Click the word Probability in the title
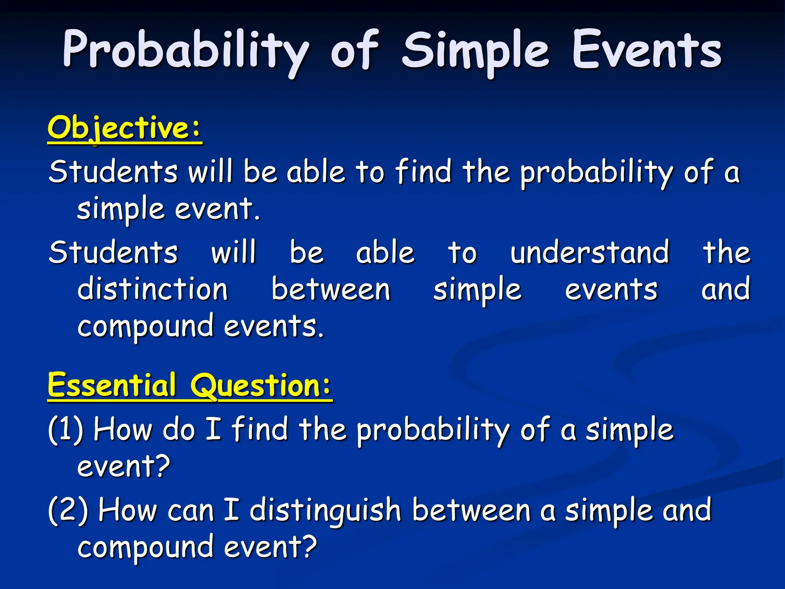tap(186, 52)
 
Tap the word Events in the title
tap(647, 52)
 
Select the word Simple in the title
tap(475, 52)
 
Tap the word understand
tap(590, 252)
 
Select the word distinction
tap(153, 289)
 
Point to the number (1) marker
tap(66, 429)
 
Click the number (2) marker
tap(68, 510)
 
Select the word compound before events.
tap(145, 326)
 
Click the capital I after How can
tap(232, 510)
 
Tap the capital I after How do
tap(213, 429)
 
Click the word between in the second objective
tap(331, 289)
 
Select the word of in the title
tap(355, 52)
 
